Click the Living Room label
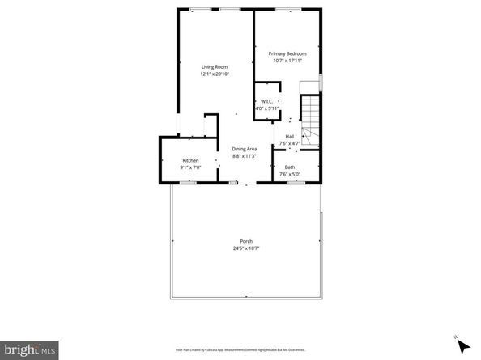215,66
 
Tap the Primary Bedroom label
288,53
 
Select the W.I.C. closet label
266,101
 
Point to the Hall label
289,136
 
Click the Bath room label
289,167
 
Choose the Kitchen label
190,160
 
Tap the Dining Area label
245,149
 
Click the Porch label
245,241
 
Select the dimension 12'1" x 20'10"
215,74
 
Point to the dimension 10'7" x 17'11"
288,61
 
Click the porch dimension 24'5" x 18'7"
245,248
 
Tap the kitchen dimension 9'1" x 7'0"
190,167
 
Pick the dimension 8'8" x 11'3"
245,156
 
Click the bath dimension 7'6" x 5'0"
289,174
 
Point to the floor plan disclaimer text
240,349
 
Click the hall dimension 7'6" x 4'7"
289,143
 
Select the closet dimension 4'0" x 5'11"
266,108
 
